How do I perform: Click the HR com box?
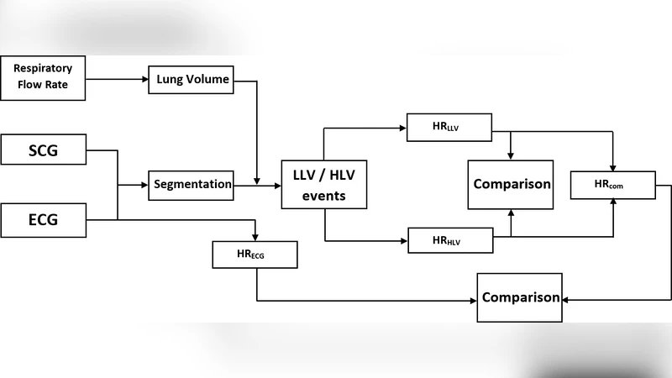pyautogui.click(x=612, y=184)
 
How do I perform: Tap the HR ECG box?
pyautogui.click(x=255, y=253)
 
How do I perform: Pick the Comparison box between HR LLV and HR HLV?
pyautogui.click(x=512, y=184)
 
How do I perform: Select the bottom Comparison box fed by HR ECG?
pyautogui.click(x=520, y=297)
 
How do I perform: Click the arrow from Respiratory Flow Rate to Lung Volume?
pyautogui.click(x=117, y=81)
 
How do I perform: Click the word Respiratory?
pyautogui.click(x=43, y=67)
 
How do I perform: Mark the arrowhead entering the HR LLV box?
pyautogui.click(x=403, y=129)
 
